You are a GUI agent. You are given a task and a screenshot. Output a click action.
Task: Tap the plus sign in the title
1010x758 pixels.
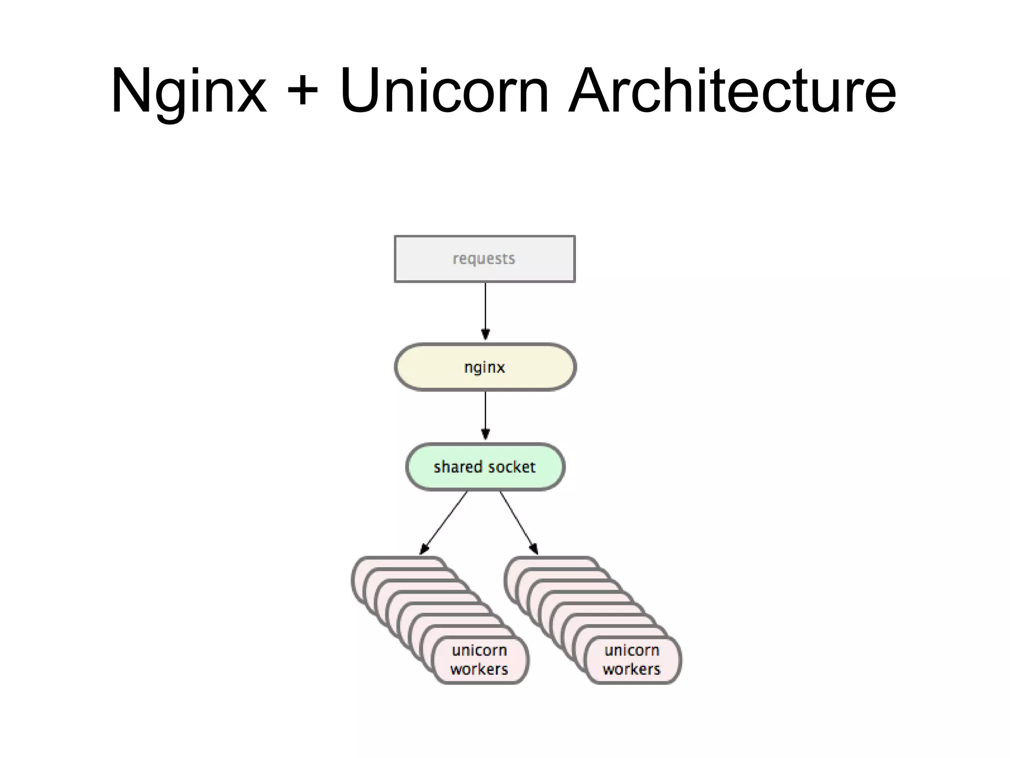click(x=302, y=92)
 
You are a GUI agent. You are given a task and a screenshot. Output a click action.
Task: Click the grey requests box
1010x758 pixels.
click(x=485, y=259)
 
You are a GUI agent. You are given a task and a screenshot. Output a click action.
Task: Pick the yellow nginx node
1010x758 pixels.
click(x=485, y=367)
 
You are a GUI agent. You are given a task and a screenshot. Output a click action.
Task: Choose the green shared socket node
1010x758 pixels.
click(x=485, y=467)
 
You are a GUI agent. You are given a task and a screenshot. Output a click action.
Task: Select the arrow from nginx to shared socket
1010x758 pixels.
click(x=485, y=412)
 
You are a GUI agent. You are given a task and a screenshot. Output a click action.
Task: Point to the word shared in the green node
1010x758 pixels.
click(x=457, y=467)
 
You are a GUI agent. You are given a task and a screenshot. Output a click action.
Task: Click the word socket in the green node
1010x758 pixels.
click(x=512, y=467)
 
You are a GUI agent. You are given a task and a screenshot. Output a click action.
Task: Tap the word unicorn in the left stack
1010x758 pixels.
click(x=479, y=650)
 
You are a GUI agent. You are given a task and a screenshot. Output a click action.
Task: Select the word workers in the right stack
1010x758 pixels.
click(x=632, y=669)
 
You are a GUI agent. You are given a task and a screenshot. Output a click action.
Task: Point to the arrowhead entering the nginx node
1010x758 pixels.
click(x=485, y=335)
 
